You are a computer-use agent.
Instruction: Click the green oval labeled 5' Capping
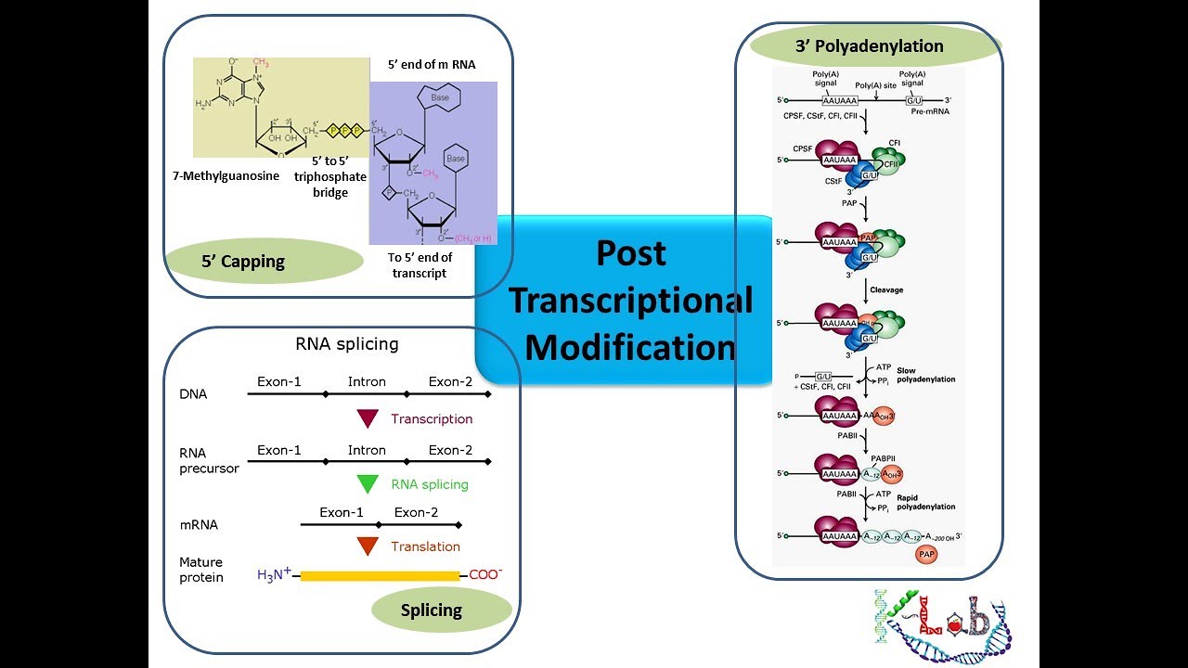pos(243,262)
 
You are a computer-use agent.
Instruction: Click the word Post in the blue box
pos(631,253)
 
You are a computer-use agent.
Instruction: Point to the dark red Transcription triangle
pos(368,419)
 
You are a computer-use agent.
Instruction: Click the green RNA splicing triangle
pos(368,484)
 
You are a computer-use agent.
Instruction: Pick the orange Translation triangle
pos(368,546)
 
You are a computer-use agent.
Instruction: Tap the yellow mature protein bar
pos(380,576)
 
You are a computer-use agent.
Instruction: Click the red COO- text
pos(485,575)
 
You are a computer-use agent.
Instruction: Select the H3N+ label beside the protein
pos(275,575)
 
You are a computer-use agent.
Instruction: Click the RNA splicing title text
pos(346,344)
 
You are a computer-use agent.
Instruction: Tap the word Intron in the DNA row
pos(367,381)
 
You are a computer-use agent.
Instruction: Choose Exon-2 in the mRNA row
pos(416,512)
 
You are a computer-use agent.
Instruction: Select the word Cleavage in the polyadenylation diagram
pos(885,289)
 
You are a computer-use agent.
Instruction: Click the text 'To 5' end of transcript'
pos(420,265)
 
